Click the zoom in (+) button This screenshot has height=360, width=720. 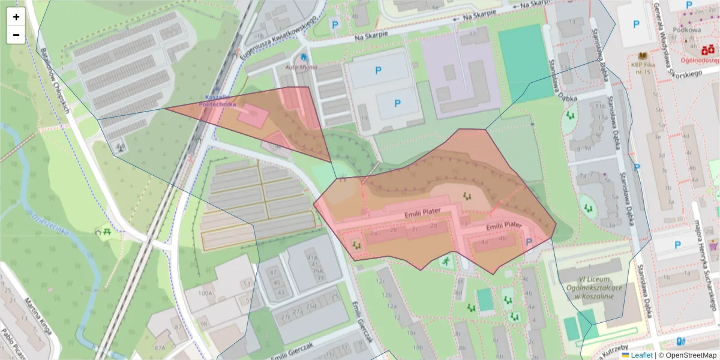tap(16, 17)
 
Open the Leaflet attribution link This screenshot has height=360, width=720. tap(641, 355)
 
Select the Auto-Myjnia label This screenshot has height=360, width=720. tap(300, 67)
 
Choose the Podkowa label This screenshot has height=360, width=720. tap(687, 29)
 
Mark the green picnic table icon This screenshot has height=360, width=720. tap(107, 230)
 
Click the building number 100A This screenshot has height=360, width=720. tap(205, 293)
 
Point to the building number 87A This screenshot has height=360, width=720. tap(160, 347)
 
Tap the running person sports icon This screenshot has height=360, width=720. tap(446, 260)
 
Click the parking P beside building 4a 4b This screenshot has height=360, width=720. tap(529, 242)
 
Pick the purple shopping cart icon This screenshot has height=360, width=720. tap(713, 245)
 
